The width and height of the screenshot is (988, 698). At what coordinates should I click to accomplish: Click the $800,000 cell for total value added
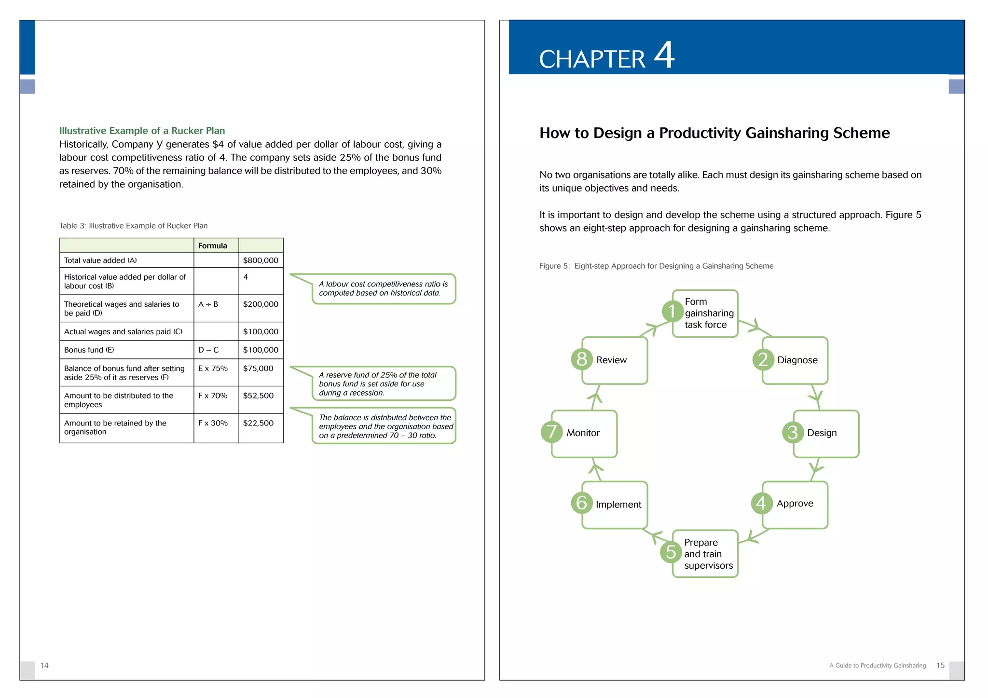(261, 260)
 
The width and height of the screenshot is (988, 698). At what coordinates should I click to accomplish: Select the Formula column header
(212, 246)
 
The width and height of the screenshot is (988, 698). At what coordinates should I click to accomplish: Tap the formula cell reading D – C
(208, 350)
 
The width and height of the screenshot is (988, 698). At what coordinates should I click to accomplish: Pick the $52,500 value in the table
(258, 396)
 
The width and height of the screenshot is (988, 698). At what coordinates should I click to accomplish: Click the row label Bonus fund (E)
(89, 350)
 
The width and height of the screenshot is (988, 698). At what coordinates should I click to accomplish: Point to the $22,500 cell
(258, 423)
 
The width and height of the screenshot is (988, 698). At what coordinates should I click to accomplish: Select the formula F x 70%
(213, 396)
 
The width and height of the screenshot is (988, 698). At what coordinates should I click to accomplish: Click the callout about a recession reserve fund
(384, 384)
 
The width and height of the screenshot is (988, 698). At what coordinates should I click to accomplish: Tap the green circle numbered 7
(551, 432)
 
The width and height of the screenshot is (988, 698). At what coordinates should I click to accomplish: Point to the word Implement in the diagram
(618, 505)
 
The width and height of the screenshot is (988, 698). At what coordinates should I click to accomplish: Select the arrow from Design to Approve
(815, 468)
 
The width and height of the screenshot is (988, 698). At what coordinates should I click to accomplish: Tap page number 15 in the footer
(940, 666)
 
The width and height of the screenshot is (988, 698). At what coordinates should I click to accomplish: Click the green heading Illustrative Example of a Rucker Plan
(142, 131)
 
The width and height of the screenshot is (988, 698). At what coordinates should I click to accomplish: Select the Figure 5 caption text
(656, 266)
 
